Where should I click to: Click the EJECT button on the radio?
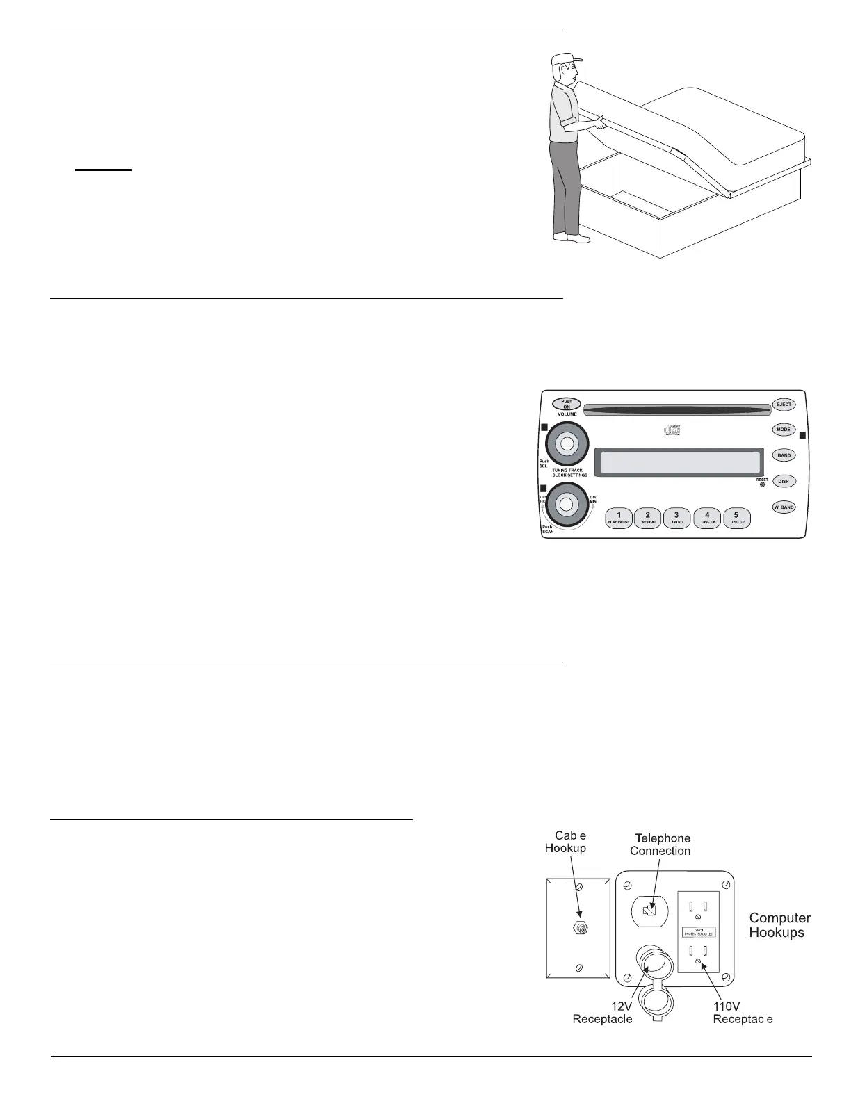click(784, 405)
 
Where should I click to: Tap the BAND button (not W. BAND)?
click(784, 455)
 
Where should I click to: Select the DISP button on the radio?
click(784, 481)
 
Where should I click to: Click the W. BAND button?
click(784, 507)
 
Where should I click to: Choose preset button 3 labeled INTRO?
click(677, 519)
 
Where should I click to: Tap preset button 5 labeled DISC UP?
click(737, 519)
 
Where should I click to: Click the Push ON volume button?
click(567, 404)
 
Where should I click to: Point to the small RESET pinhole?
click(763, 484)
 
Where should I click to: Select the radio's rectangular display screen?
click(677, 462)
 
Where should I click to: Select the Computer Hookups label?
click(779, 925)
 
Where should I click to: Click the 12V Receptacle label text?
click(602, 1013)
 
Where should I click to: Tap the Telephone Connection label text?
click(660, 845)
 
